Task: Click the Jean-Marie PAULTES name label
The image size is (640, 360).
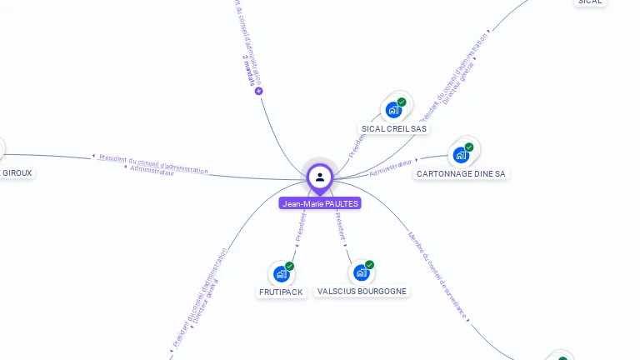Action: tap(320, 203)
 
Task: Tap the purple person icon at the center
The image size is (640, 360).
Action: tap(320, 177)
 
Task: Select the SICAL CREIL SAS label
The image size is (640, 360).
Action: tap(394, 129)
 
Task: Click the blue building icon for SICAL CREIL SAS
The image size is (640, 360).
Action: tap(393, 110)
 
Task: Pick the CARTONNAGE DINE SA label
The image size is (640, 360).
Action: tap(461, 174)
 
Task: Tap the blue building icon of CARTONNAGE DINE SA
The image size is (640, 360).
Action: tap(461, 155)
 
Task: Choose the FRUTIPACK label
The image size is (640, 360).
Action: tap(281, 292)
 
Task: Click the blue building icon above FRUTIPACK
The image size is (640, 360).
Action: tap(282, 273)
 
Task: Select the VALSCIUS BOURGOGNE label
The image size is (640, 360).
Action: tap(362, 292)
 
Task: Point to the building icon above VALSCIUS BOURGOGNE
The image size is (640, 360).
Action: tap(361, 272)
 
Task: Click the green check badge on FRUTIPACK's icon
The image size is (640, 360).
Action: tap(289, 266)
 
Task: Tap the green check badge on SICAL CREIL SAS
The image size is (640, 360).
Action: tap(402, 102)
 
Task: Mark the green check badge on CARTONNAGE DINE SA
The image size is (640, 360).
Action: tap(469, 147)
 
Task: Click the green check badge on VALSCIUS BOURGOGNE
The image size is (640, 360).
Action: tap(369, 265)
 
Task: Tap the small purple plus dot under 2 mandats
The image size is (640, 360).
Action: tap(259, 91)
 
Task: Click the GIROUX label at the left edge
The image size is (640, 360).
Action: tap(17, 173)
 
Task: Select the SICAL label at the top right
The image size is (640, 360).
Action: tap(589, 2)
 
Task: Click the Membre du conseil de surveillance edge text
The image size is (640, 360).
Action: tap(437, 275)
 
